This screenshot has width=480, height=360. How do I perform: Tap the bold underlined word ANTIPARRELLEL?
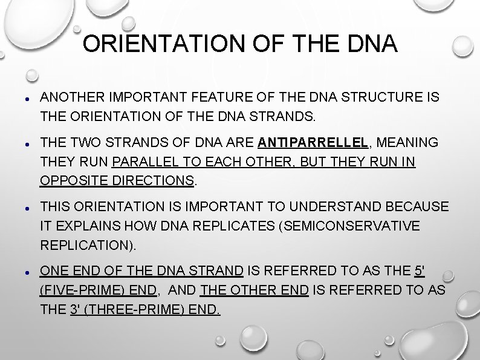point(313,143)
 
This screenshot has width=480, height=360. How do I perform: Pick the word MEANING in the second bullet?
point(409,143)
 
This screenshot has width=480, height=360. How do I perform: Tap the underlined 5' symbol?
point(420,272)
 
